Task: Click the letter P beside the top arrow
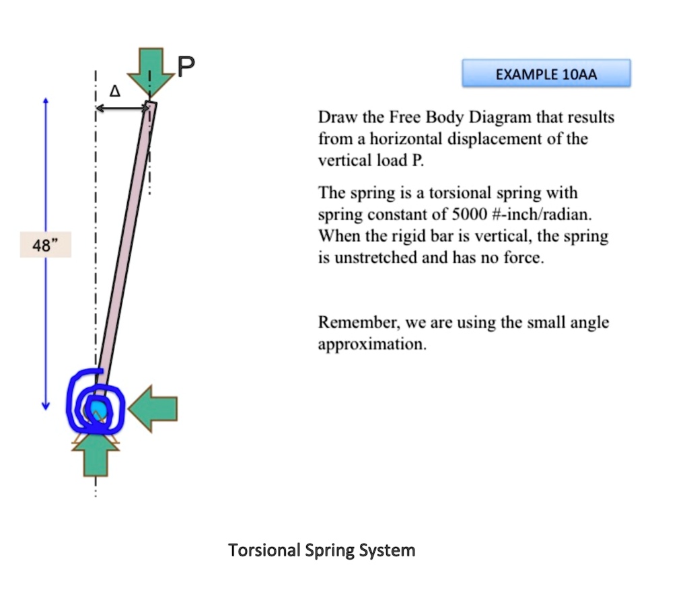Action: pyautogui.click(x=186, y=65)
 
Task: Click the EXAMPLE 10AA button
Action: pyautogui.click(x=546, y=73)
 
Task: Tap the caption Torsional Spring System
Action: pyautogui.click(x=322, y=550)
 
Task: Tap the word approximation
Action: pyautogui.click(x=371, y=345)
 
